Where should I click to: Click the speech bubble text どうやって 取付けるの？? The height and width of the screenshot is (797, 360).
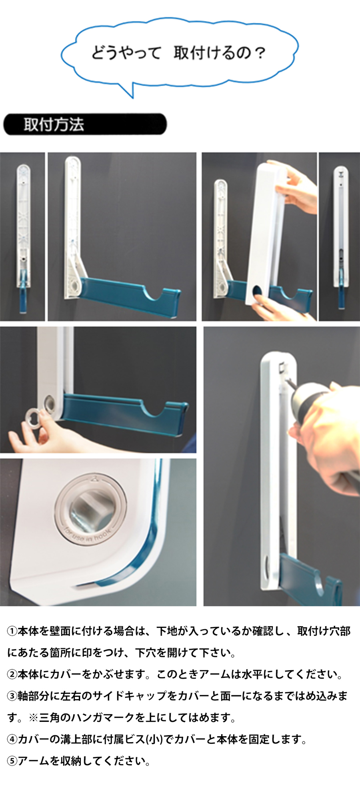click(178, 53)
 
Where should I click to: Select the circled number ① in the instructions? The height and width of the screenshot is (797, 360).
click(12, 631)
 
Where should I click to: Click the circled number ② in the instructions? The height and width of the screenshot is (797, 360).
click(12, 675)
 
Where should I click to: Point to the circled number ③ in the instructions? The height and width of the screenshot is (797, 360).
click(12, 696)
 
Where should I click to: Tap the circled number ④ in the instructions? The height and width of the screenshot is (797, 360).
click(12, 739)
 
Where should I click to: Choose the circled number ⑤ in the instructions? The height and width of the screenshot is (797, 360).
click(12, 761)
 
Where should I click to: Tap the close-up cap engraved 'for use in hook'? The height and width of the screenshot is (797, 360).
click(90, 508)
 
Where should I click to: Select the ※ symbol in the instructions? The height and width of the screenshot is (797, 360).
click(33, 718)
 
